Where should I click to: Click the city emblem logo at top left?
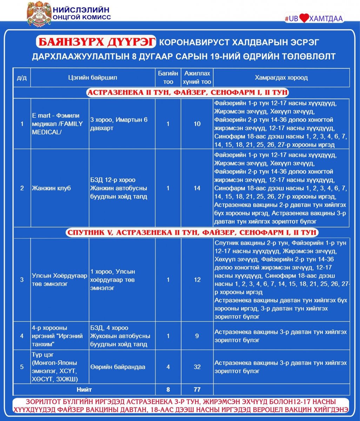(x=39, y=13)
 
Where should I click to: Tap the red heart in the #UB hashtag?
(x=304, y=19)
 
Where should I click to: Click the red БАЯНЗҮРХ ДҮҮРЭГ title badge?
(x=95, y=42)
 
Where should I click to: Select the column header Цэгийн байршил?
(x=93, y=78)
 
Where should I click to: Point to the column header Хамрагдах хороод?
(x=281, y=78)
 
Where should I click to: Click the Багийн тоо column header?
(x=168, y=78)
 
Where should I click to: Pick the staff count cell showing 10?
(x=197, y=124)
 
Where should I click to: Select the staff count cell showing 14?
(x=197, y=188)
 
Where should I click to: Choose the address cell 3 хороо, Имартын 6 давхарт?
(x=122, y=124)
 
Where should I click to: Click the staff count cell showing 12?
(x=197, y=280)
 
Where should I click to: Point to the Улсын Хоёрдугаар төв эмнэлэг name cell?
(x=59, y=280)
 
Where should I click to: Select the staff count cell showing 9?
(x=197, y=336)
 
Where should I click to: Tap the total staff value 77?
(x=197, y=389)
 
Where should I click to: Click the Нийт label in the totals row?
(x=84, y=389)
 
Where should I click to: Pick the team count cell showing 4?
(x=168, y=367)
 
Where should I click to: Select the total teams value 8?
(x=168, y=389)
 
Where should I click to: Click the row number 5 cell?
(x=22, y=367)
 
